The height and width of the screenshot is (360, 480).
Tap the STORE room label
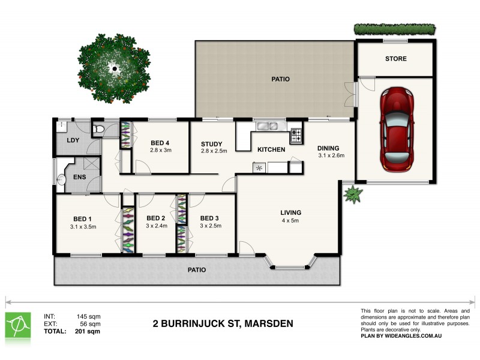[395, 59]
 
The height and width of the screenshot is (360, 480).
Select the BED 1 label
[83, 218]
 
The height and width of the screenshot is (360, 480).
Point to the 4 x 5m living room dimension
[290, 221]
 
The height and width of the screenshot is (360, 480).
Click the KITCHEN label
[271, 149]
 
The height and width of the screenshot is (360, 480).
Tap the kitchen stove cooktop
[296, 136]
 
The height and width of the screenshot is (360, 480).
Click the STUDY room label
[212, 144]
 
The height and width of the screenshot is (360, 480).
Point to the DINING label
[329, 148]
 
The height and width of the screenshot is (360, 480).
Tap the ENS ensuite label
[80, 178]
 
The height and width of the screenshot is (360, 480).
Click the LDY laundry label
[73, 140]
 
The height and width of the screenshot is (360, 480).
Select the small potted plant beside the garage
[352, 194]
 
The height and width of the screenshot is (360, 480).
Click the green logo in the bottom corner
[18, 325]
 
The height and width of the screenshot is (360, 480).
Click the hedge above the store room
[394, 28]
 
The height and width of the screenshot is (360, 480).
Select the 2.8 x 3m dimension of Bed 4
[160, 150]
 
